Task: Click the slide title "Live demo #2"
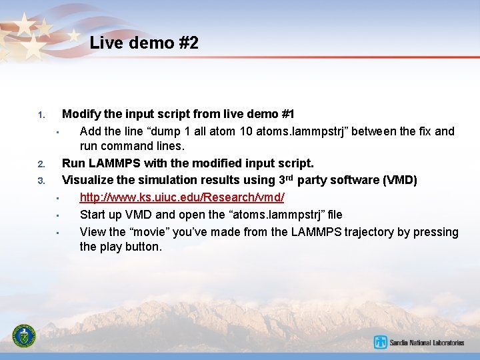pyautogui.click(x=144, y=43)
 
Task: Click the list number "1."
pyautogui.click(x=41, y=115)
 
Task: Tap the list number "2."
pyautogui.click(x=41, y=164)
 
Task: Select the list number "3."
pyautogui.click(x=41, y=181)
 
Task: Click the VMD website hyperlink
pyautogui.click(x=182, y=197)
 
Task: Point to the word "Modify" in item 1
pyautogui.click(x=79, y=114)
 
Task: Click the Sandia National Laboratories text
pyautogui.click(x=427, y=343)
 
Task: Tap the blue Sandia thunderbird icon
pyautogui.click(x=381, y=343)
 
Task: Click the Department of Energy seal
pyautogui.click(x=25, y=337)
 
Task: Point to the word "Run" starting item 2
pyautogui.click(x=73, y=163)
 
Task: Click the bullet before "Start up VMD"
pyautogui.click(x=58, y=215)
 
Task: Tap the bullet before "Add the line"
pyautogui.click(x=58, y=132)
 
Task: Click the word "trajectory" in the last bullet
pyautogui.click(x=369, y=232)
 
